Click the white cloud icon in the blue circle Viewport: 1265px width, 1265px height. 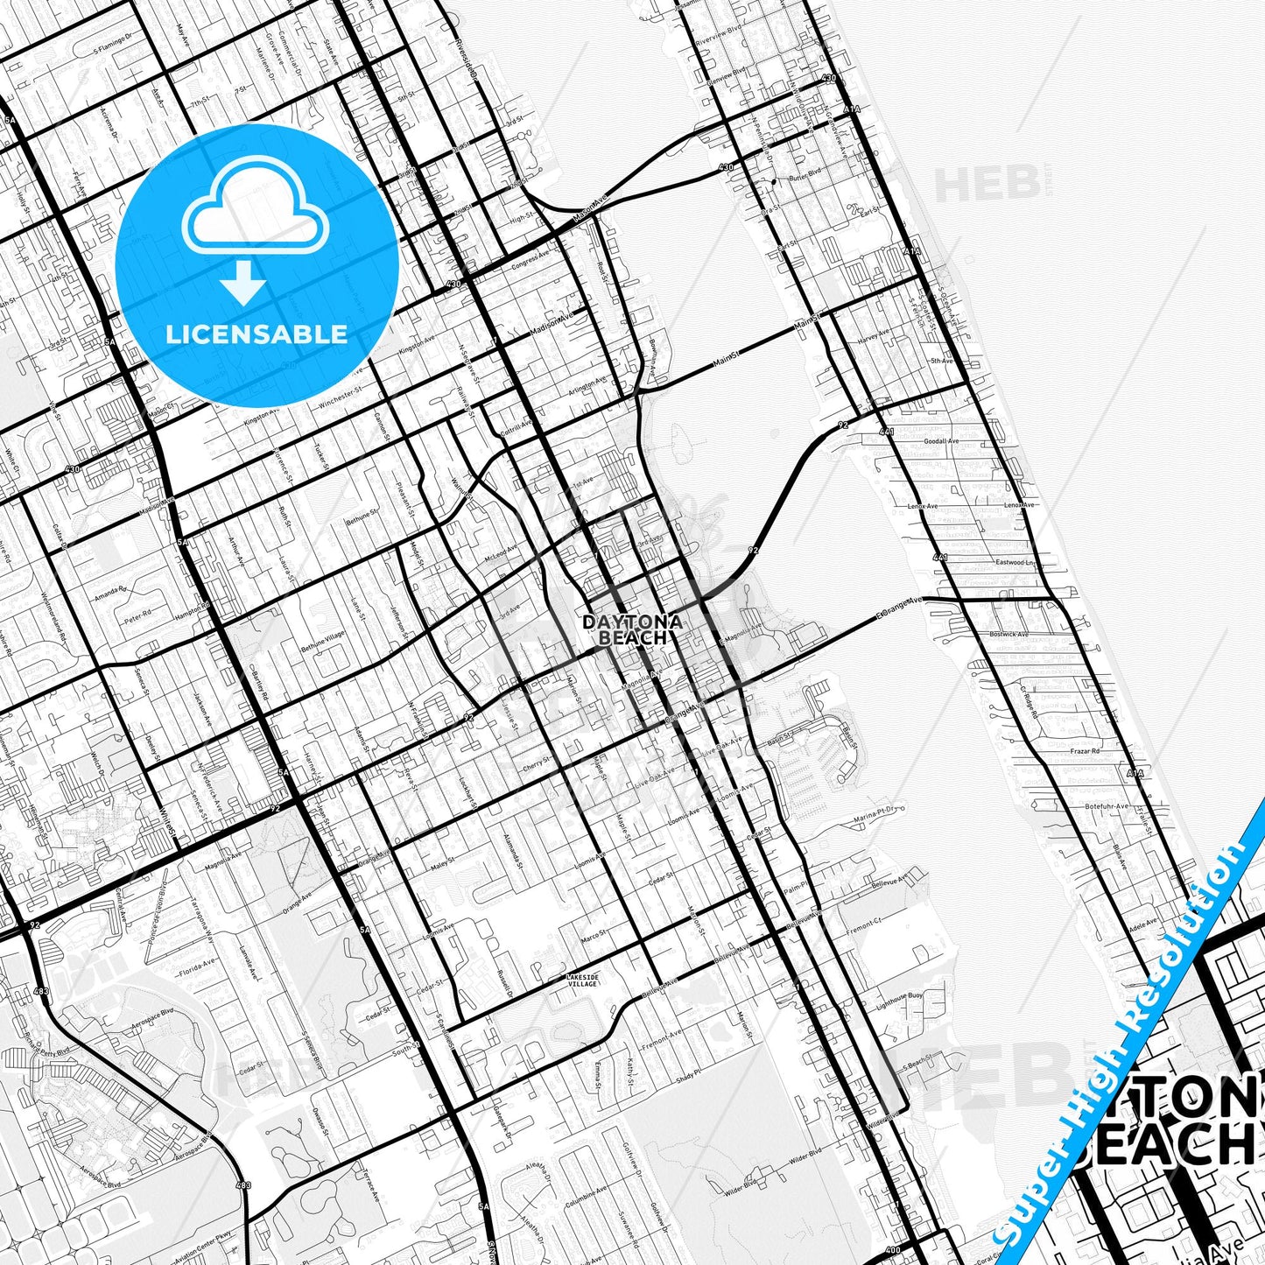[255, 214]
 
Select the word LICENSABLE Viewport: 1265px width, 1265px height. [257, 334]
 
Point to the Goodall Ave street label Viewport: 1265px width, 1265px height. [941, 442]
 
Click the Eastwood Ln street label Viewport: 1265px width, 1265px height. [1016, 562]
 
